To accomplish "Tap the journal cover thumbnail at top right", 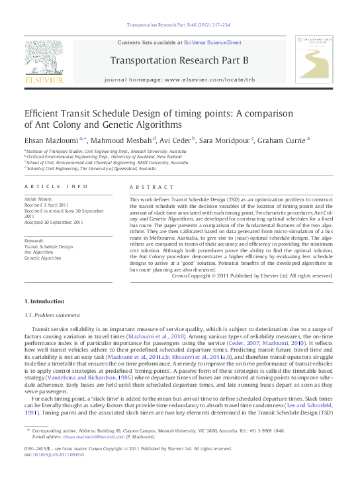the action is [x=316, y=60].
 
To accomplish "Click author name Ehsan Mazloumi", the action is [x=50, y=140].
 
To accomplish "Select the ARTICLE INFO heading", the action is [x=56, y=188].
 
